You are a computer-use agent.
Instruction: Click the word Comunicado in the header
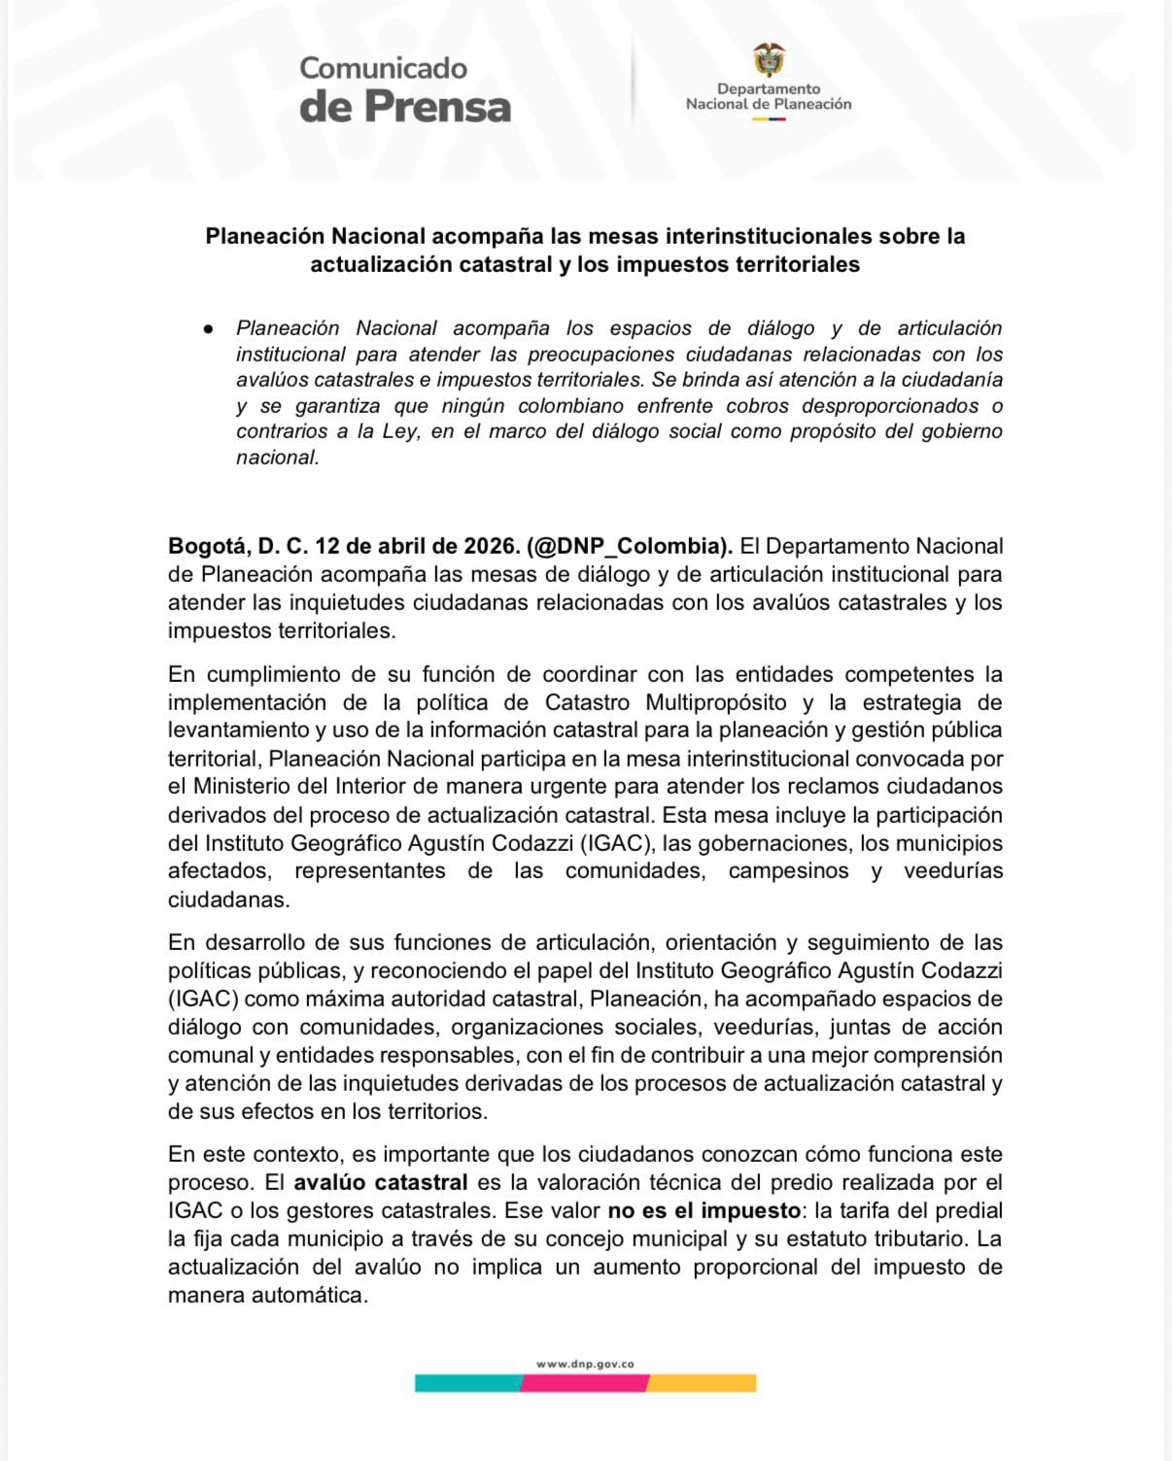383,68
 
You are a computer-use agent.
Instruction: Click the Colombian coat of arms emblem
769,60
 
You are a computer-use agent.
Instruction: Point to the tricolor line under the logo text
769,119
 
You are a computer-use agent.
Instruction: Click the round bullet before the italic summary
208,329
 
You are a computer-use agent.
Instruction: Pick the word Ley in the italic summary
399,431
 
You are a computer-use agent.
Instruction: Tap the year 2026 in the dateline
491,546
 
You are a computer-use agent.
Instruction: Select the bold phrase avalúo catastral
381,1183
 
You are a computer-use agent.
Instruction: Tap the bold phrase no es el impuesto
697,1211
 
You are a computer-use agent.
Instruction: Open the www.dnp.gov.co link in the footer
585,1364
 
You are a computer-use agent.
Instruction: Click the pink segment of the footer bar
584,1383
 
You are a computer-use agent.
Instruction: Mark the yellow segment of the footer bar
702,1383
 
